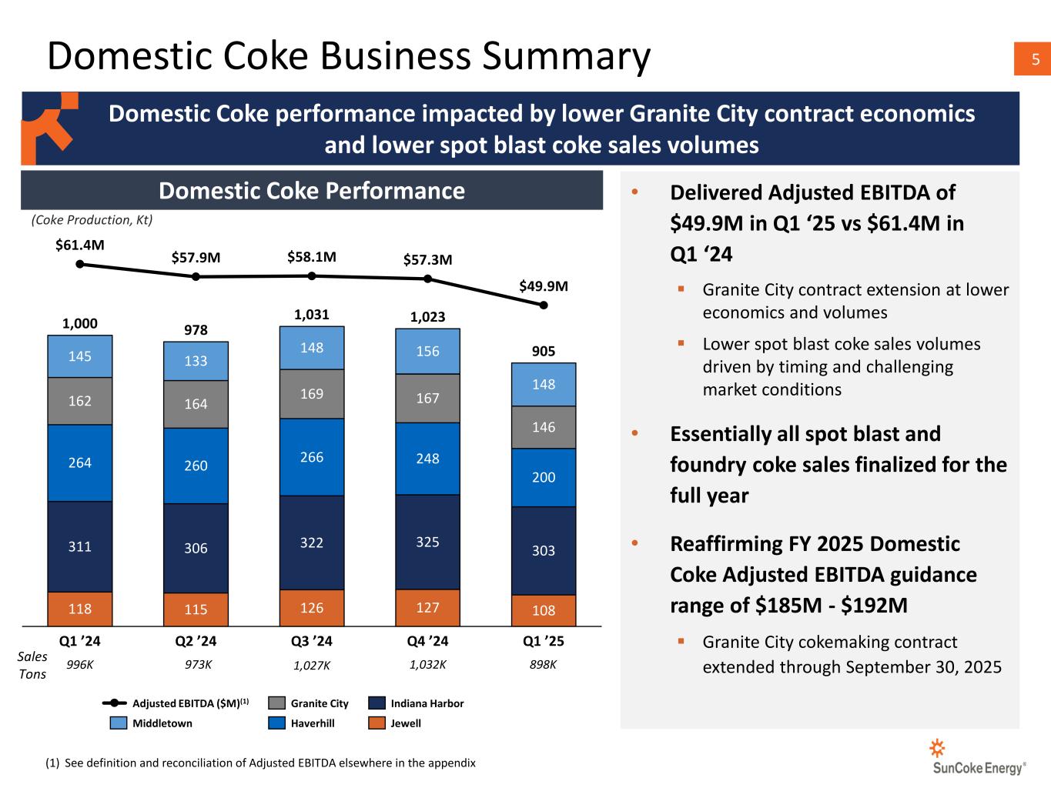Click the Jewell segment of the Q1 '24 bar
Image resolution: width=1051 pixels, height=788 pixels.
click(x=80, y=609)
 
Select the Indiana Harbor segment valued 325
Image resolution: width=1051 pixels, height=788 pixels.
click(x=427, y=542)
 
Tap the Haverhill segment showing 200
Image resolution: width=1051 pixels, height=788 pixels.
click(x=544, y=477)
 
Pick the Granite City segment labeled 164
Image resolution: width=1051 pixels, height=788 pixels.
click(x=196, y=404)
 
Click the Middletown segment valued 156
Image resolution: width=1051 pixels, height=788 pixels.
click(x=427, y=351)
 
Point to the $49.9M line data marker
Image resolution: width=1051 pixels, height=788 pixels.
click(x=544, y=305)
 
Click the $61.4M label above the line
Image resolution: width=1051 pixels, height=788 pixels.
click(x=80, y=245)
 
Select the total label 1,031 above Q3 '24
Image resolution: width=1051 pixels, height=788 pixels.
click(x=312, y=314)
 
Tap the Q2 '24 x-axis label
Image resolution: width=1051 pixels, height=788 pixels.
click(x=196, y=641)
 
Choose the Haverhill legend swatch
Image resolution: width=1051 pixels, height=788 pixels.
click(x=277, y=723)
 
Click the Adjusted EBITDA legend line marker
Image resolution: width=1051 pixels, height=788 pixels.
click(x=115, y=703)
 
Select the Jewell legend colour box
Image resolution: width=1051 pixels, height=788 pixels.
click(x=377, y=723)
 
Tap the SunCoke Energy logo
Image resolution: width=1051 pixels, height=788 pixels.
click(x=979, y=758)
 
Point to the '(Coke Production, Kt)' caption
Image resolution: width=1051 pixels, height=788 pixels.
click(x=92, y=220)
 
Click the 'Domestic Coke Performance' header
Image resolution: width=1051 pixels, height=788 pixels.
click(x=311, y=191)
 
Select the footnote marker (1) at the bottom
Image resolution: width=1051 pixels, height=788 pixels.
click(x=52, y=763)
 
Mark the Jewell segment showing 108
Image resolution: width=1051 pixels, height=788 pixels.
click(x=544, y=610)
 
